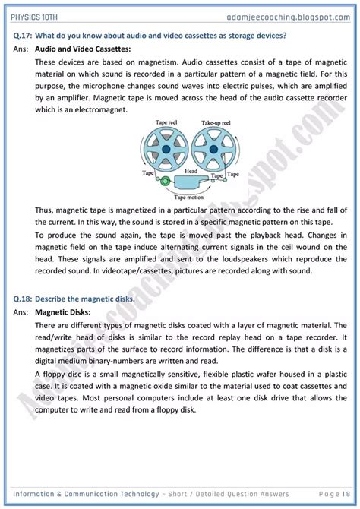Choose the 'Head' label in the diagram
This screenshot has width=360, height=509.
(x=191, y=172)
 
